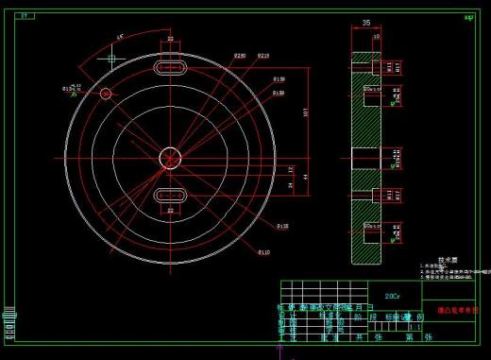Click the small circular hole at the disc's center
[x=171, y=157]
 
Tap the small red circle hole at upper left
[x=106, y=93]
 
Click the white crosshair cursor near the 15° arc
[x=111, y=58]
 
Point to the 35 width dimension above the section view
[x=365, y=23]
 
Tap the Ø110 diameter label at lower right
[x=264, y=252]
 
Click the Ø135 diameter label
[x=282, y=227]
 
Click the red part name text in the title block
[x=457, y=309]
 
